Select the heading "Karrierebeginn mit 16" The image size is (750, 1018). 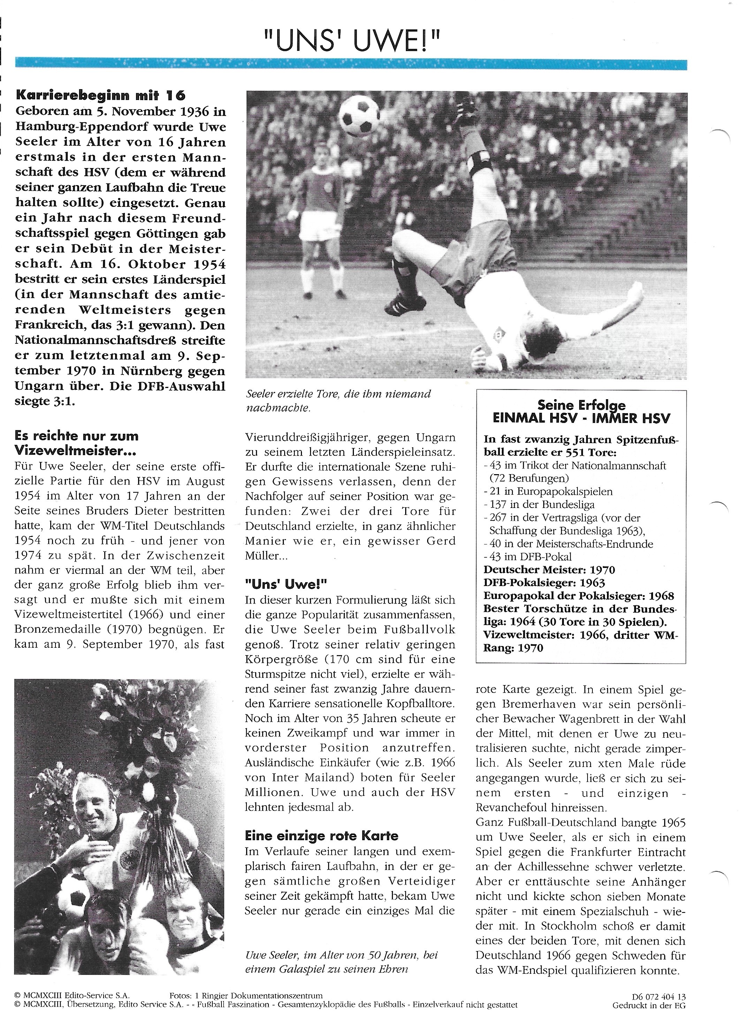pyautogui.click(x=100, y=95)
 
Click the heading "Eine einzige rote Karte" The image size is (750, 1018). pyautogui.click(x=321, y=836)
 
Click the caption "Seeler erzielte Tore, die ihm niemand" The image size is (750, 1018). pyautogui.click(x=338, y=394)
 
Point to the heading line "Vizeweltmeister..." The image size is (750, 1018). pyautogui.click(x=77, y=451)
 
